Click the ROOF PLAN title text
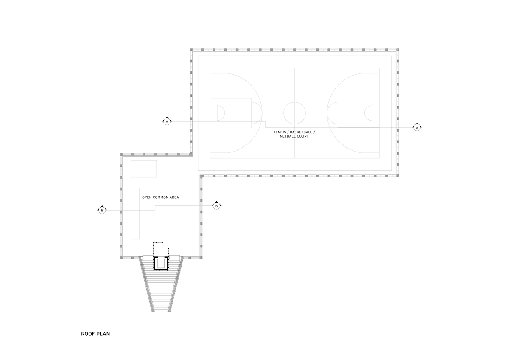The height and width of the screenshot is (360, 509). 95,334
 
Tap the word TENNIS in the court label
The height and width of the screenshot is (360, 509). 280,132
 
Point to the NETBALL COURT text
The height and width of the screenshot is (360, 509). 294,136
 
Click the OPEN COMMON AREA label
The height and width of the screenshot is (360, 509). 160,197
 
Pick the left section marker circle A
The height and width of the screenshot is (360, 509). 167,122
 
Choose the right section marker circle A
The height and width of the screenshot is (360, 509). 417,128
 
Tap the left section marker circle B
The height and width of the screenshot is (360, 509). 102,211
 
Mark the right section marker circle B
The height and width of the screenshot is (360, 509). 216,206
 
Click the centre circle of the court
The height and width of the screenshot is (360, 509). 294,102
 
